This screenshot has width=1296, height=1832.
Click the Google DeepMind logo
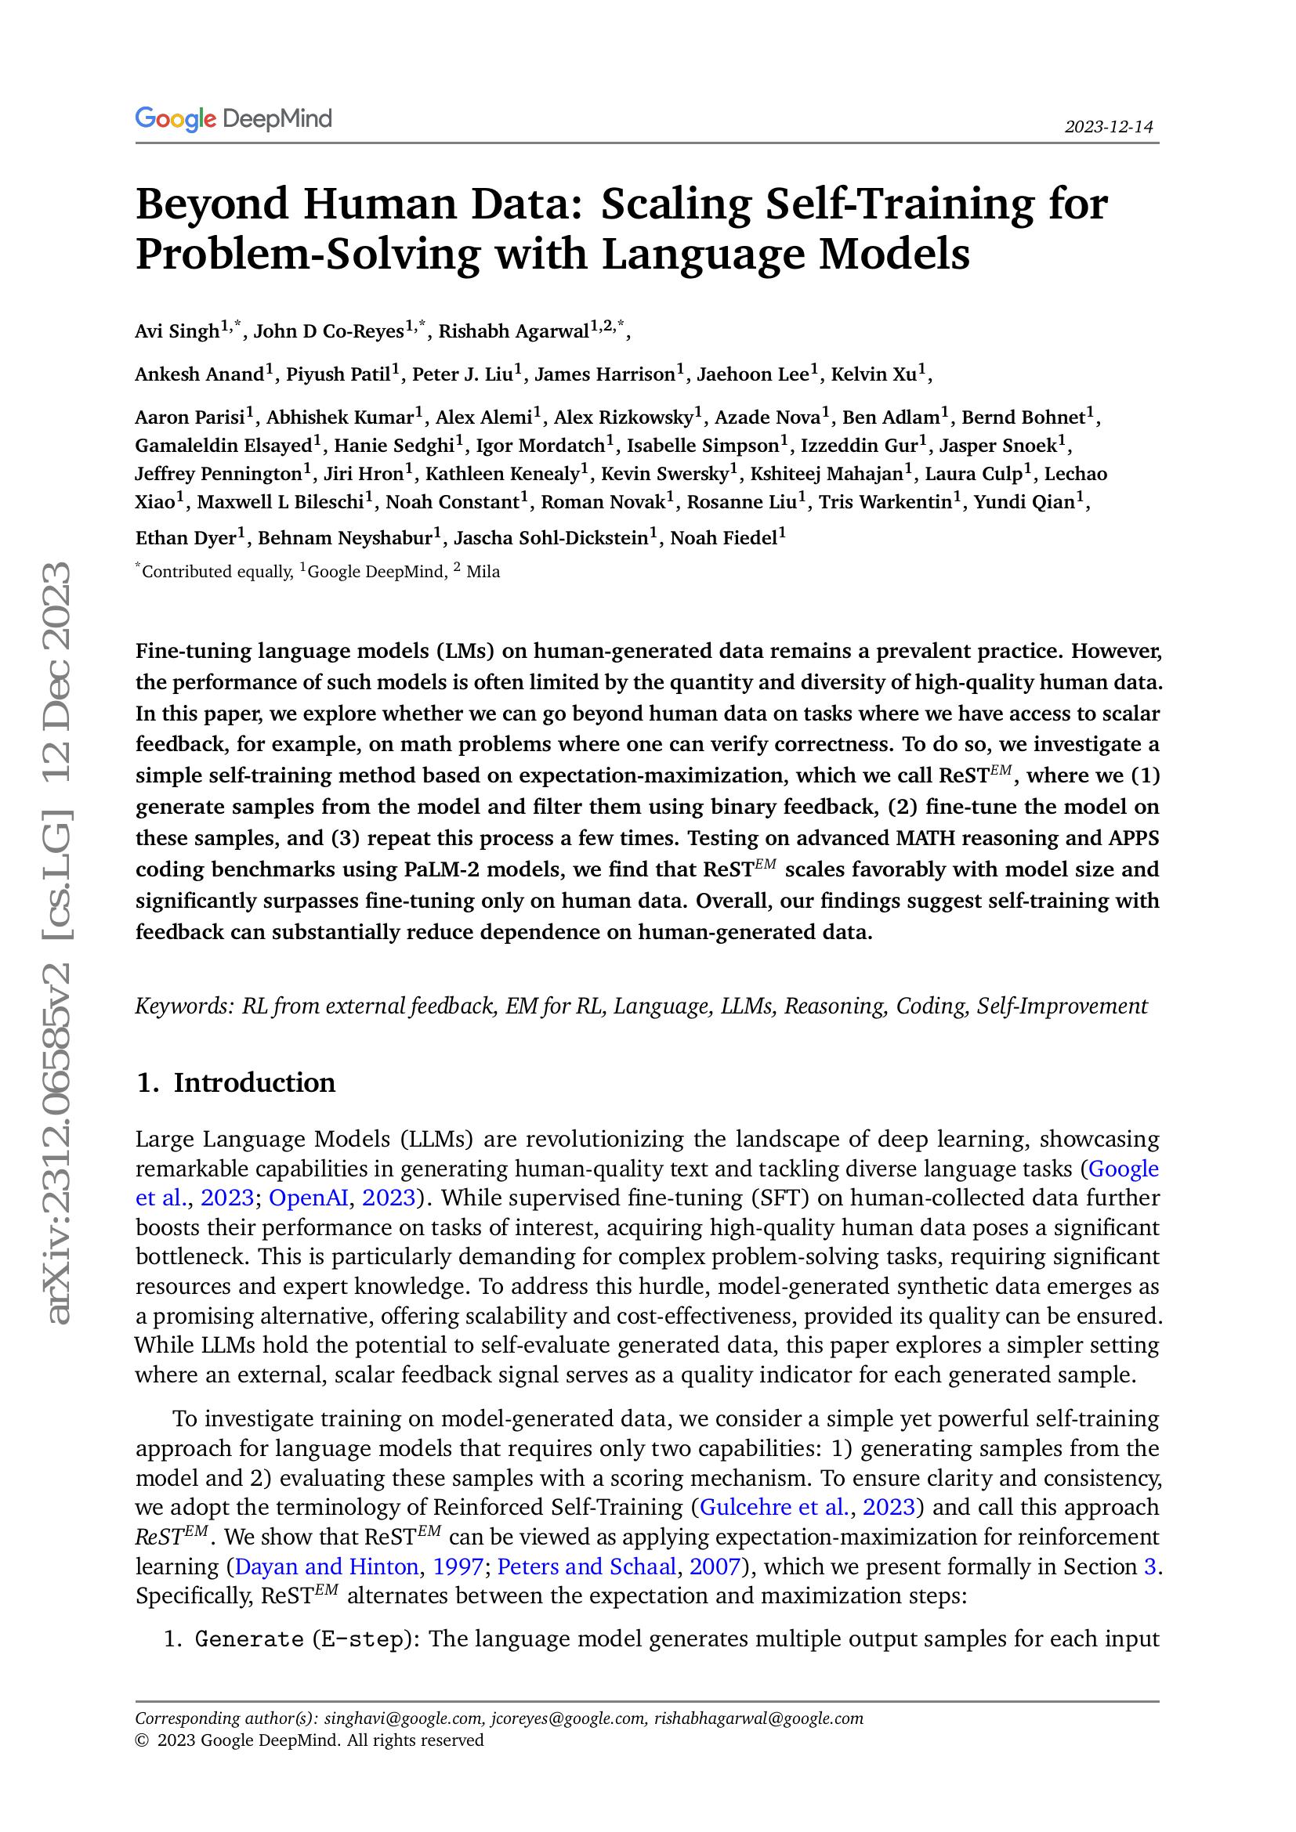233,119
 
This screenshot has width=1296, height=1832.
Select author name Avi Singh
177,331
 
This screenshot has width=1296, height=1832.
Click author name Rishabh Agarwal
513,331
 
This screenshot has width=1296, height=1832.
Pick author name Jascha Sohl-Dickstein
550,539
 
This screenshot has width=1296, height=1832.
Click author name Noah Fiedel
723,539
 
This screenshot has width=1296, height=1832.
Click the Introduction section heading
254,1082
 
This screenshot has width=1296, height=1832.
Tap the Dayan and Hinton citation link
327,1566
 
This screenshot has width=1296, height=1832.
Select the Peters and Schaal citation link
587,1566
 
